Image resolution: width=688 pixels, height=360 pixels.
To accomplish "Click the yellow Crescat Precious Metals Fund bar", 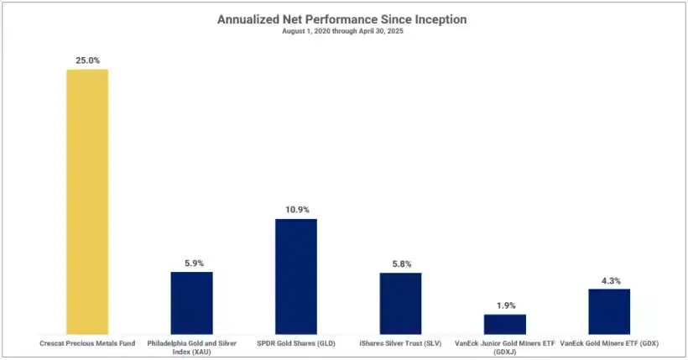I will (x=87, y=201).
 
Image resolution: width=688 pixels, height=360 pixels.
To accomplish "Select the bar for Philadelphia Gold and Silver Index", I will (x=191, y=303).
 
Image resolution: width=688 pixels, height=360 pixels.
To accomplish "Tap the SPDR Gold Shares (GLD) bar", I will (x=296, y=276).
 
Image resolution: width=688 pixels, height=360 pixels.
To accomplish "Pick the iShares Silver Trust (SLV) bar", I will (x=400, y=303).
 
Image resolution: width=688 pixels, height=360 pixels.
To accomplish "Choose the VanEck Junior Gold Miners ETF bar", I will (x=505, y=324).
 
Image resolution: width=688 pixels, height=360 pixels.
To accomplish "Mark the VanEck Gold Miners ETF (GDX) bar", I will (x=609, y=311).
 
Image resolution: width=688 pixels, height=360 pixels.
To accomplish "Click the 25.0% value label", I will (x=87, y=60).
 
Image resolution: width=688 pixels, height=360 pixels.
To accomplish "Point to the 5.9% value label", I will (x=191, y=263).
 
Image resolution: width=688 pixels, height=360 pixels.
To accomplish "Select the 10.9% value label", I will (x=296, y=210).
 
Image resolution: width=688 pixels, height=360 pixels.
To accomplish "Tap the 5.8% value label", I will (x=400, y=263).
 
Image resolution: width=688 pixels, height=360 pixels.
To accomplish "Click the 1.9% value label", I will (x=505, y=305).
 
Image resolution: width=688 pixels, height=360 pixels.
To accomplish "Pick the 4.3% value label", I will (x=609, y=280).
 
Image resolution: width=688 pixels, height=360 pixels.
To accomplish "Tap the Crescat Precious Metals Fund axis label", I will (x=87, y=343).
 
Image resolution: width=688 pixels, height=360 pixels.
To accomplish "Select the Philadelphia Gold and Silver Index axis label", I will (x=191, y=347).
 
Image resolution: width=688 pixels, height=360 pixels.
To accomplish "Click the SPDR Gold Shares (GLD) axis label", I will (x=296, y=343).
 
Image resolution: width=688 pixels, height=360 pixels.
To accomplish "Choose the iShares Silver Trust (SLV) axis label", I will (x=400, y=343).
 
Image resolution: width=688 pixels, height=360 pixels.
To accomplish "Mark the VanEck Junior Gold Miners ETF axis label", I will (x=505, y=347).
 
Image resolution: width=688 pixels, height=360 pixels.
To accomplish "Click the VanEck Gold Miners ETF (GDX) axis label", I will (x=609, y=343).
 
